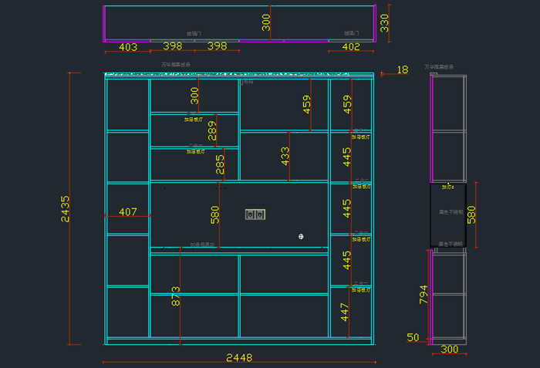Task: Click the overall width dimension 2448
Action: (238, 358)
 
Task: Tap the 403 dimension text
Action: (128, 47)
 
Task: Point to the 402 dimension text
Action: (350, 47)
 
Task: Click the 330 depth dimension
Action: (385, 23)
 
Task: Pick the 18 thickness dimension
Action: (402, 70)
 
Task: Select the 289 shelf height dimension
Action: (212, 131)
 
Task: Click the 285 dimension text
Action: (220, 165)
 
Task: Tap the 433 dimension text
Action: (285, 157)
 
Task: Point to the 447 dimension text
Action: (346, 312)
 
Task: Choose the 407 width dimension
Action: (127, 211)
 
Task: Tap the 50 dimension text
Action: (413, 338)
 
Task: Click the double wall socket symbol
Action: (255, 214)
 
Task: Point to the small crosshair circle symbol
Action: (301, 235)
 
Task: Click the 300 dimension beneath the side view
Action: (449, 349)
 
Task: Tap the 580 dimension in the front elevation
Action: (215, 214)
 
